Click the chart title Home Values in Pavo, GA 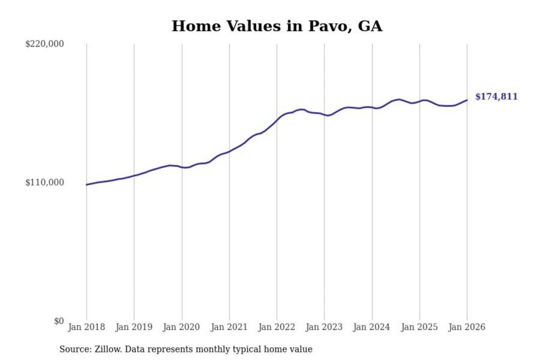[277, 26]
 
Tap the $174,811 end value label [496, 97]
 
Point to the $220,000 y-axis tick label [44, 44]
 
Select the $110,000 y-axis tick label [44, 183]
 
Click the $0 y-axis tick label [58, 321]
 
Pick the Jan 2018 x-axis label [86, 327]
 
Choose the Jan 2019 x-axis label [134, 327]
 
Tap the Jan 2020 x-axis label [181, 327]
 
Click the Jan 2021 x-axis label [229, 327]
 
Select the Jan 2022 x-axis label [277, 327]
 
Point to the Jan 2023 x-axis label [324, 327]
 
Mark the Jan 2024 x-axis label [372, 327]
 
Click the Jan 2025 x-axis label [419, 327]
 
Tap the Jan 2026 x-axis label [467, 327]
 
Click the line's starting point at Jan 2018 [87, 184]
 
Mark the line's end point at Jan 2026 [467, 100]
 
